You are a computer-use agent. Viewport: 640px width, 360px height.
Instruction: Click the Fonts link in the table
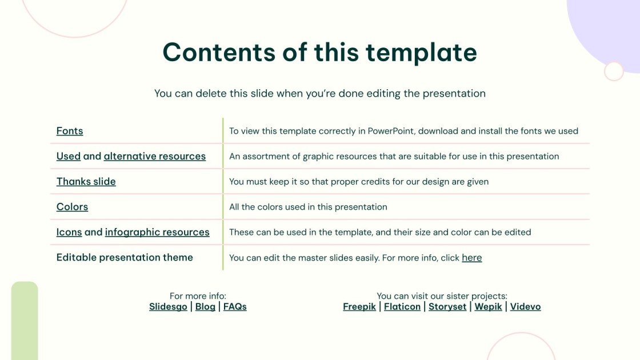pyautogui.click(x=70, y=131)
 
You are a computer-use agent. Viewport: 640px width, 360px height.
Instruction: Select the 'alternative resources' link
pyautogui.click(x=154, y=156)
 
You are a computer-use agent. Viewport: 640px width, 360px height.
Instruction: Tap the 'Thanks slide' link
pyautogui.click(x=86, y=181)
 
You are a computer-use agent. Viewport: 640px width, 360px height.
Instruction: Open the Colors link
pyautogui.click(x=72, y=207)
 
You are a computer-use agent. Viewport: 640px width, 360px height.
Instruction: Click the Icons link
pyautogui.click(x=69, y=232)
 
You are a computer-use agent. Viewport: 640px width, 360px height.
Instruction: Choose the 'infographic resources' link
pyautogui.click(x=157, y=232)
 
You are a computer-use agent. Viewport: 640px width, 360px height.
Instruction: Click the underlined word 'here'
pyautogui.click(x=471, y=258)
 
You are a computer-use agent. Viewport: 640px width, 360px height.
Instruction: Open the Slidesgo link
pyautogui.click(x=168, y=307)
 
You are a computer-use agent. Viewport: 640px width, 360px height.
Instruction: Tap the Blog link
pyautogui.click(x=205, y=307)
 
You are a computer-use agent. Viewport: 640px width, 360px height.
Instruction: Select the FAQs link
pyautogui.click(x=235, y=307)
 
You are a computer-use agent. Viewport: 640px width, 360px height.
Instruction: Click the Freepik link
pyautogui.click(x=359, y=307)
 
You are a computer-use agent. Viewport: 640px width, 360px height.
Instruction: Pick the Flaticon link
pyautogui.click(x=402, y=307)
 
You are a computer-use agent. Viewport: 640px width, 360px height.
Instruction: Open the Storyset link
pyautogui.click(x=447, y=307)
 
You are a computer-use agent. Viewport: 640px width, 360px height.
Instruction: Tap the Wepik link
pyautogui.click(x=488, y=307)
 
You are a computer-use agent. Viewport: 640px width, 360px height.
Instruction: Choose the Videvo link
pyautogui.click(x=525, y=307)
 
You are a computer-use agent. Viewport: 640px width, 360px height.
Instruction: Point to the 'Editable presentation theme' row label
pyautogui.click(x=125, y=258)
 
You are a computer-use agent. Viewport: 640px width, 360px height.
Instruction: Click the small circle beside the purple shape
pyautogui.click(x=614, y=71)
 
